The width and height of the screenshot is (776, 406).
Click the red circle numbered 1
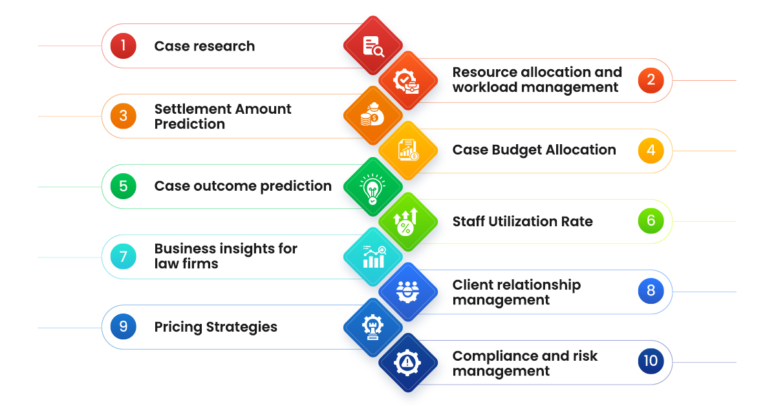[123, 46]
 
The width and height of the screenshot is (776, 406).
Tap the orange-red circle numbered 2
[651, 80]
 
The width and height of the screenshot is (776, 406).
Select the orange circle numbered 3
[123, 116]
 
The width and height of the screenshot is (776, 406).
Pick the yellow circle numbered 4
[651, 151]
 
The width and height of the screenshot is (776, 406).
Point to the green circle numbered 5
[123, 187]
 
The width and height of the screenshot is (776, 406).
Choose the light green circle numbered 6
[651, 220]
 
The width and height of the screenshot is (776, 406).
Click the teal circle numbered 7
[123, 257]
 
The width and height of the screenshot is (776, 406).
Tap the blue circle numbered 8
[651, 291]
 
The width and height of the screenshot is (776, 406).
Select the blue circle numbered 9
[123, 327]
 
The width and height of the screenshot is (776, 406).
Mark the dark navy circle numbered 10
[651, 361]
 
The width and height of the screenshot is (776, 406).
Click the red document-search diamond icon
[372, 46]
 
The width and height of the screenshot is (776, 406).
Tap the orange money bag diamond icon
[372, 116]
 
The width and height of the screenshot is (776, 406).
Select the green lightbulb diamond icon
[372, 187]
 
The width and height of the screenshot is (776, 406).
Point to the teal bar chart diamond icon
[372, 257]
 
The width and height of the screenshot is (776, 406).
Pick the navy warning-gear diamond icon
[407, 363]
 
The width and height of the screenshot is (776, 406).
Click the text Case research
[204, 46]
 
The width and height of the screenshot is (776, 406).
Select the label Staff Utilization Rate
[523, 221]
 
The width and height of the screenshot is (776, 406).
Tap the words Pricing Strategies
[215, 327]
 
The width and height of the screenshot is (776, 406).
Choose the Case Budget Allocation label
[534, 150]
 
